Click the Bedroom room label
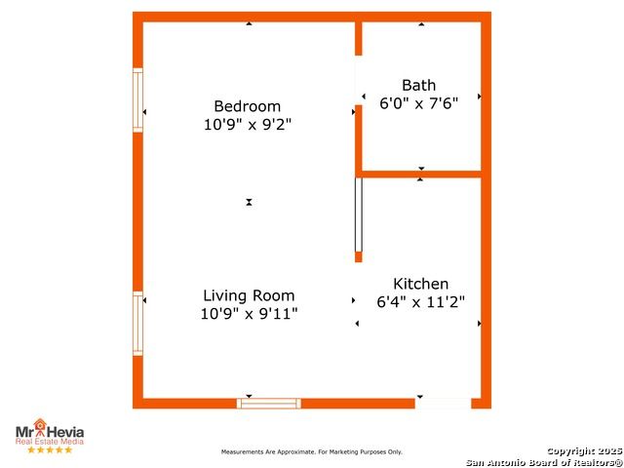pos(247,106)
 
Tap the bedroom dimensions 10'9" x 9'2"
pos(248,125)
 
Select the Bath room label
pos(418,85)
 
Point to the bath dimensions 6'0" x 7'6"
pos(418,103)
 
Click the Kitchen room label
pos(420,284)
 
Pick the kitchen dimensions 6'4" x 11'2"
pos(420,302)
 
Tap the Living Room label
pos(249,295)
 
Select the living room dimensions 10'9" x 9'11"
pos(249,314)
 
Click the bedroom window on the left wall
pos(137,100)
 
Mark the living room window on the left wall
pos(137,324)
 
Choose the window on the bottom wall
pos(269,404)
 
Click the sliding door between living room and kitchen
pos(359,214)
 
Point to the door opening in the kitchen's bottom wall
pos(444,404)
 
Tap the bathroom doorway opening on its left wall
pos(359,80)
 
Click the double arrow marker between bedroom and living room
pos(249,202)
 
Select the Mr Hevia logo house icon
pos(40,425)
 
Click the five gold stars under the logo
pos(50,449)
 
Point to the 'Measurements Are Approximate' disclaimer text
pos(312,452)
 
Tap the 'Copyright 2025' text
pos(585,450)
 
